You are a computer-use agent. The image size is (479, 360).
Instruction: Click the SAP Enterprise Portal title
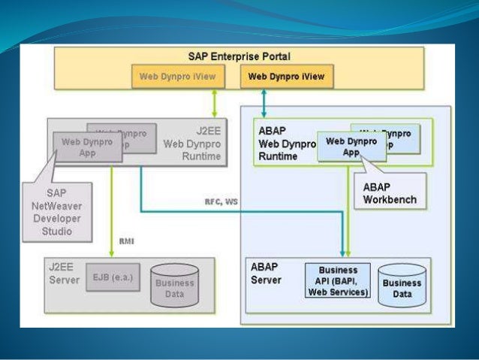coord(239,56)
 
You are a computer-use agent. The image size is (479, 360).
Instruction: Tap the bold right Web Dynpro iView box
coord(287,76)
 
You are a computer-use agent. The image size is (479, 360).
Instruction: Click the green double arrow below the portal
coord(215,102)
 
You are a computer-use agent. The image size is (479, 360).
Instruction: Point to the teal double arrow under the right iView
coord(264,102)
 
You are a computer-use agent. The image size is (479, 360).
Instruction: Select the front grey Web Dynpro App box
coord(87,147)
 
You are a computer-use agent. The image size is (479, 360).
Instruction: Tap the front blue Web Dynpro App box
coord(351,146)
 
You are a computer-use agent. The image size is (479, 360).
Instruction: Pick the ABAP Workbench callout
coord(387,193)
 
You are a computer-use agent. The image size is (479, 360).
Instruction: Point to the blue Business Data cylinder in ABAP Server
coord(402,285)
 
